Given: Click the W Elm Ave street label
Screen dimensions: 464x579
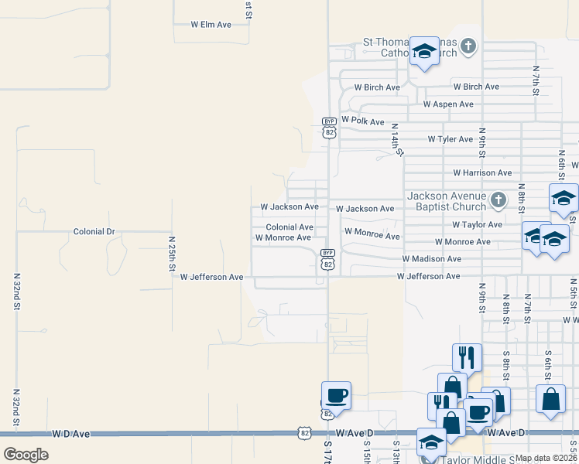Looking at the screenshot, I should click(x=211, y=25).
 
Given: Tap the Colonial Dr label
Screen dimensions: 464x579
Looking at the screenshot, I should click(x=94, y=231).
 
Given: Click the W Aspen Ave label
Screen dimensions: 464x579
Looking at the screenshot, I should click(x=448, y=104).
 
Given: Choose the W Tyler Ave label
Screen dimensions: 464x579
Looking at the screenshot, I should click(x=450, y=139).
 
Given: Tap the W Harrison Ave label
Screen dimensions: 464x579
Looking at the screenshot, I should click(x=482, y=173).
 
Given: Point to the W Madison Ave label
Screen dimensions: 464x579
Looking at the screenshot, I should click(x=431, y=259).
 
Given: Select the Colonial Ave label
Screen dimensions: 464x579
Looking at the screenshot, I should click(x=289, y=227).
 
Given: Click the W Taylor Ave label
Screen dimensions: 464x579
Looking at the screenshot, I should click(x=478, y=225).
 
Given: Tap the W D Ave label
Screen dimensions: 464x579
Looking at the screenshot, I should click(x=71, y=435).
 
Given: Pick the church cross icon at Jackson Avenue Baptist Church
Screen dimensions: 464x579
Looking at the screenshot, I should click(x=498, y=201).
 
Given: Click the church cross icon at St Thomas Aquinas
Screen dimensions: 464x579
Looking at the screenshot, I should click(x=468, y=47).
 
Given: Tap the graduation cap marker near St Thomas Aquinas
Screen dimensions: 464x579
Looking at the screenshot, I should click(x=423, y=51).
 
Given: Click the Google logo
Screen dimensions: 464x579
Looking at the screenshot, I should click(x=26, y=455).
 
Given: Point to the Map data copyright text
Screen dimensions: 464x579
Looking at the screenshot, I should click(x=546, y=458).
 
